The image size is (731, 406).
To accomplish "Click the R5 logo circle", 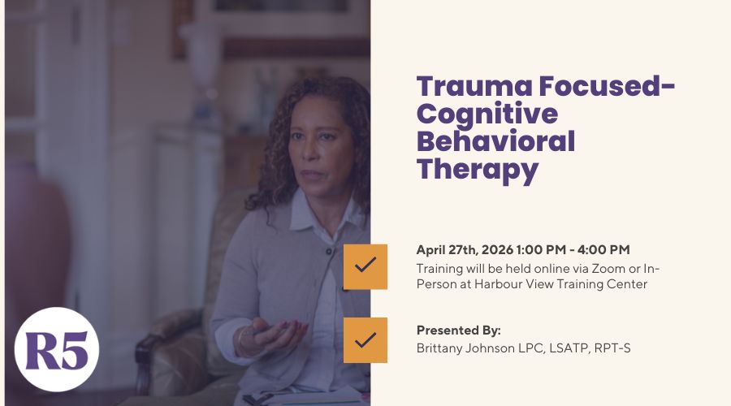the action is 56,349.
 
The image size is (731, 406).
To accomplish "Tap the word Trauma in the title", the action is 474,86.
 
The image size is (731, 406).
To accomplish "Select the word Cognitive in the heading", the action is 487,114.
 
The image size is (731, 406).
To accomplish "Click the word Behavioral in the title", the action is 495,141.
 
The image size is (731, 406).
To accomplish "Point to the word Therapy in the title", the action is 478,170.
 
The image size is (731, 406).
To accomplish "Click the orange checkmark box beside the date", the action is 365,266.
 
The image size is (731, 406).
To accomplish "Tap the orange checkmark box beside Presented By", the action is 365,339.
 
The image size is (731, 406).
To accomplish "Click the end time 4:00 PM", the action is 603,250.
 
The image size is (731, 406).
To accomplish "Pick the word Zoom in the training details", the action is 608,269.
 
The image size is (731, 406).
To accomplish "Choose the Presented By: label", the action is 458,330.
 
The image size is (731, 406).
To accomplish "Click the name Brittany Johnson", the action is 465,348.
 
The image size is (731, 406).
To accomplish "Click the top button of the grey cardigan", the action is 329,252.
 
